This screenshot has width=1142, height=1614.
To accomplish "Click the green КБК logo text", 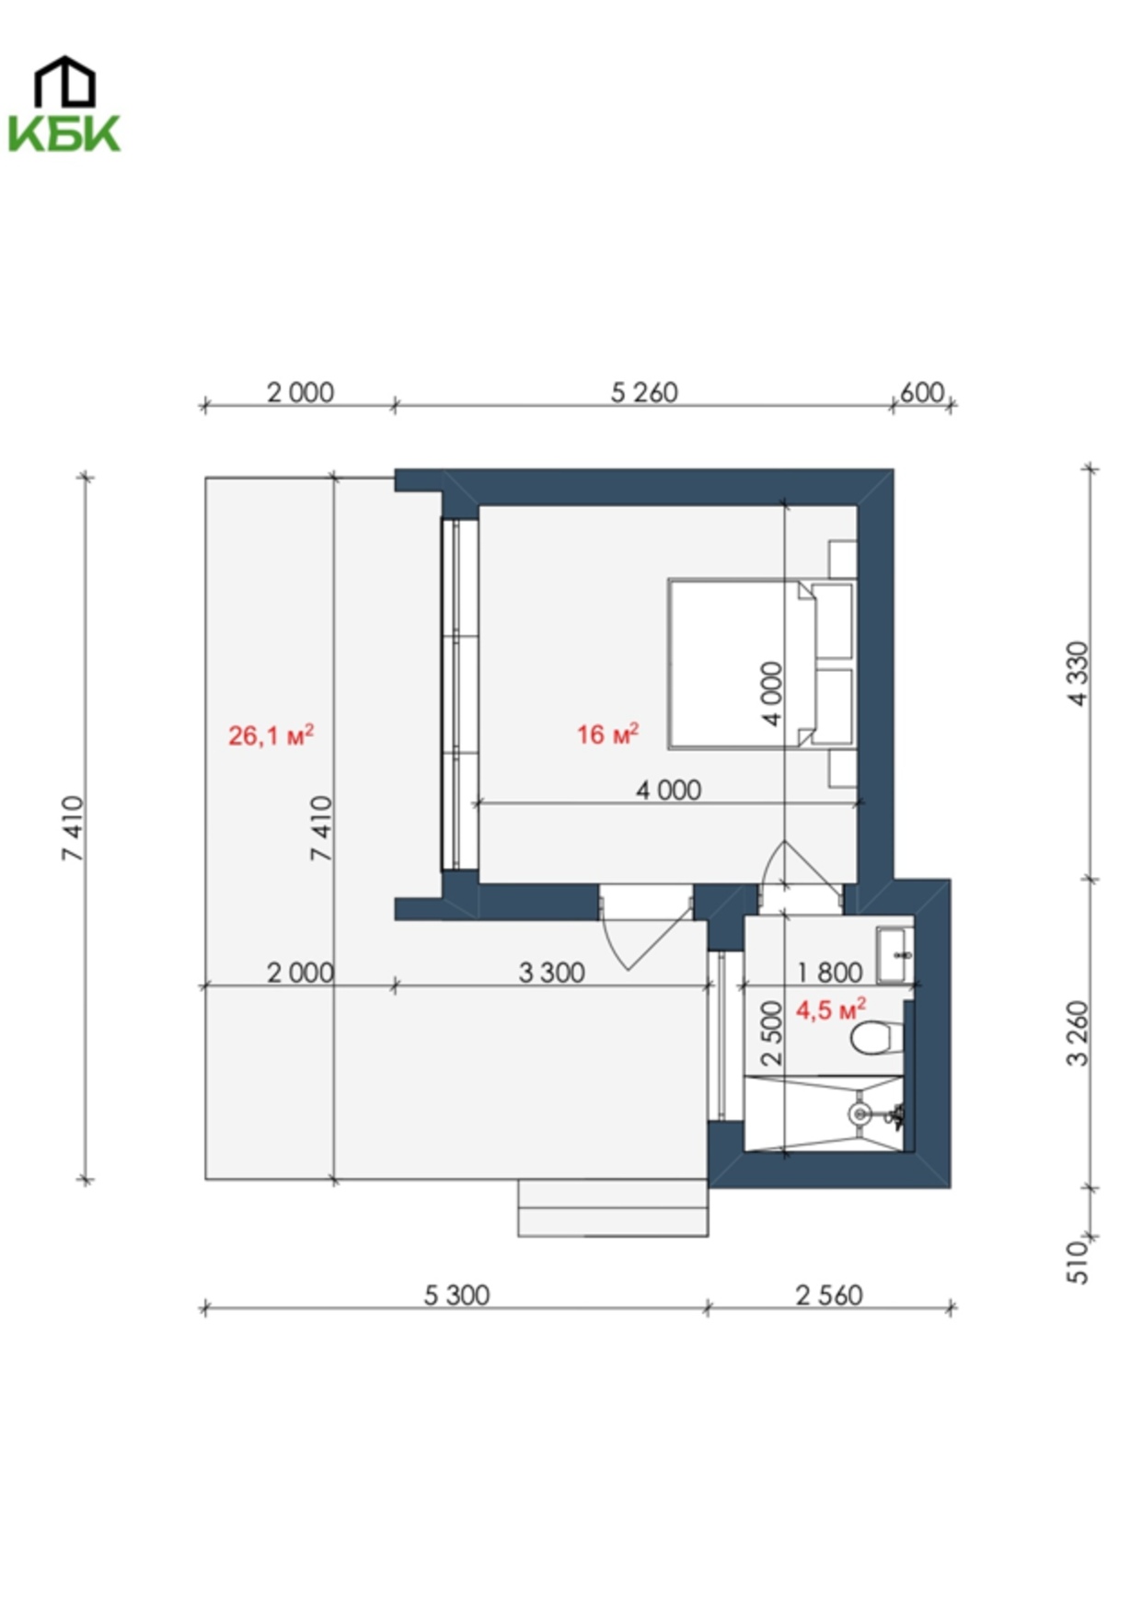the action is (x=64, y=133).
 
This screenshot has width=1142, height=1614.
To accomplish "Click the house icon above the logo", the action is (x=64, y=80).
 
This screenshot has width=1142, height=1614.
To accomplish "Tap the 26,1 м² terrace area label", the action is (x=271, y=735).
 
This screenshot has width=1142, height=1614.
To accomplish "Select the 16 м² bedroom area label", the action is (x=608, y=733).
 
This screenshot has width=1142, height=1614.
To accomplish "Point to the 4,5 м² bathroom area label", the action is (x=831, y=1009).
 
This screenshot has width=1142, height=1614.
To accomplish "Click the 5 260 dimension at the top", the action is (x=644, y=393).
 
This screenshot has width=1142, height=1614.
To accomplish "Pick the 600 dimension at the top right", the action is (x=922, y=393).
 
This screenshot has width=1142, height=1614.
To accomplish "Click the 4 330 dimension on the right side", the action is (x=1079, y=674).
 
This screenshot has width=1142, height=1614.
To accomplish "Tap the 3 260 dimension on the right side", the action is (x=1079, y=1033).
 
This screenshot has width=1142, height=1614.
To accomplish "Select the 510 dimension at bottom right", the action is (x=1077, y=1262).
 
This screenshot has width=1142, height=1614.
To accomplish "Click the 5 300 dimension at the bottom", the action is (x=456, y=1296).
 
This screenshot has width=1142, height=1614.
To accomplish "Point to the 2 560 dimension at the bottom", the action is (x=829, y=1296).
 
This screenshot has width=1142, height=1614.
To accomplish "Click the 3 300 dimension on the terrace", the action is (x=551, y=973).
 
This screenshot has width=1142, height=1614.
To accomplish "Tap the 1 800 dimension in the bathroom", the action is (x=829, y=973).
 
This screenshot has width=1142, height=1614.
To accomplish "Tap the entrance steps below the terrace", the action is (x=613, y=1207).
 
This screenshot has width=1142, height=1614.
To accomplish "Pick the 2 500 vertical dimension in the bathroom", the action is (x=773, y=1033).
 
